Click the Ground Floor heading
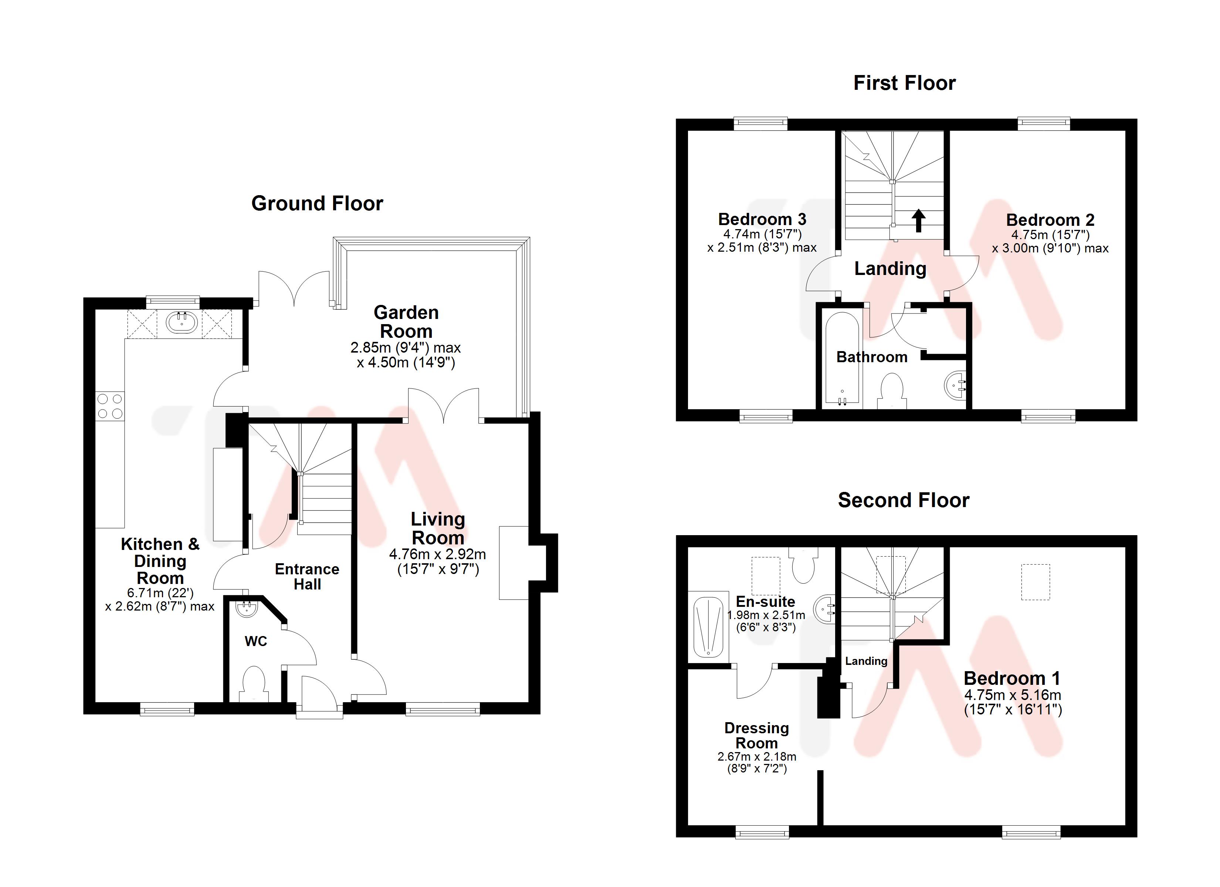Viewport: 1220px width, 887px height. pos(317,203)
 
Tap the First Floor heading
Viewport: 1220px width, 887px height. pos(904,83)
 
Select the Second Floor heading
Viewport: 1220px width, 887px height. pos(903,500)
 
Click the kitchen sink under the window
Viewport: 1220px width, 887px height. pos(182,323)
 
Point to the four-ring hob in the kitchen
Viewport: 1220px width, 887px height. pos(110,406)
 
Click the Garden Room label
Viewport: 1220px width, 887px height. pos(406,322)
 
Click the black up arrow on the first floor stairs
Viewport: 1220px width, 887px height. pos(918,220)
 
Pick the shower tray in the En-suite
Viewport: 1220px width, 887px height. pos(708,628)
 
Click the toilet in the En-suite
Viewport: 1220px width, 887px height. pos(804,566)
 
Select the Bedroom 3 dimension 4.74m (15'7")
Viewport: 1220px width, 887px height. pos(762,234)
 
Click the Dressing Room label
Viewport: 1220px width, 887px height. pos(756,735)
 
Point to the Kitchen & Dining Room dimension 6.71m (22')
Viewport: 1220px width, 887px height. pos(160,593)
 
